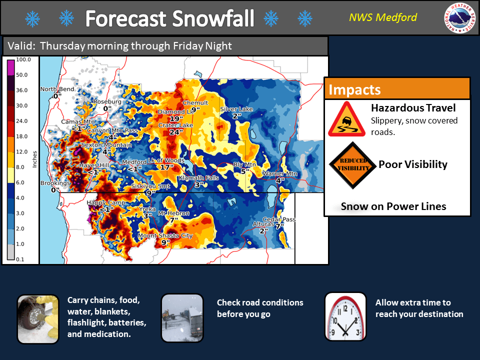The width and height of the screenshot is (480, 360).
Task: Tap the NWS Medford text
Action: coord(382,18)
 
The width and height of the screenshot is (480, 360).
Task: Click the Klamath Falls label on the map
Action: coord(199,178)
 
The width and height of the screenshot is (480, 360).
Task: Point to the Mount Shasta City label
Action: coord(165,235)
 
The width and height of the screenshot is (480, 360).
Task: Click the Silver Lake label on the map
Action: coord(236,109)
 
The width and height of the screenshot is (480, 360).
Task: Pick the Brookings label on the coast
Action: coord(55,183)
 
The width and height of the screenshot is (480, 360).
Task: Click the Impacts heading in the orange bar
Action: coord(354,90)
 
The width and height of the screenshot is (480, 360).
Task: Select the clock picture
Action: coord(345,317)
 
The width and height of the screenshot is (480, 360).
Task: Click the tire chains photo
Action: coord(38,319)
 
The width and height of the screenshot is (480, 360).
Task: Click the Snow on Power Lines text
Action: coord(393,206)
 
